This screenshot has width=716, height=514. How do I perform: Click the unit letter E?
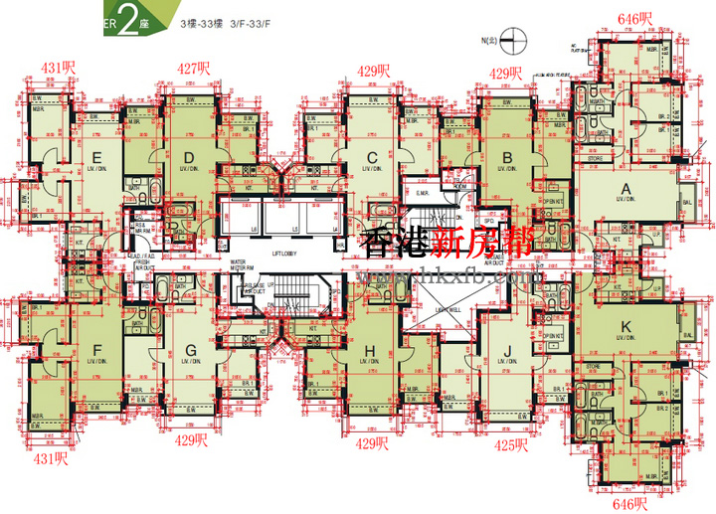(x=97, y=157)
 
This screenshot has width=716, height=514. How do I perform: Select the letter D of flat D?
(x=189, y=156)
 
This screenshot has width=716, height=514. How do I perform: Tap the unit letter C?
(x=372, y=156)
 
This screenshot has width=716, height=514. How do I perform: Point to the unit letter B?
(x=507, y=156)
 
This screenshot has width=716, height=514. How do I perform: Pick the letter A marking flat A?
(x=626, y=188)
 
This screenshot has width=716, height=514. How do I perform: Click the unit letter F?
(x=97, y=348)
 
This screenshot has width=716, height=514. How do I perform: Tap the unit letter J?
(x=507, y=348)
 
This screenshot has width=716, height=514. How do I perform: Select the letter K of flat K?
(x=626, y=326)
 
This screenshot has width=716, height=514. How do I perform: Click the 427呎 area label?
(x=194, y=69)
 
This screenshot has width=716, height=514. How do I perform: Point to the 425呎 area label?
(x=510, y=444)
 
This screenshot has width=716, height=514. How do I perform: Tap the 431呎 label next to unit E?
(x=58, y=68)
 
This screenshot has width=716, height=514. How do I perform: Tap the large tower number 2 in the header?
(x=126, y=21)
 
